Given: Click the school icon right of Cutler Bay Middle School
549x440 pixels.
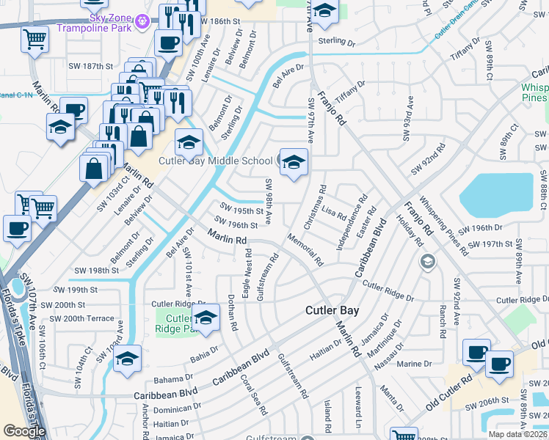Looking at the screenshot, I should coord(294,164).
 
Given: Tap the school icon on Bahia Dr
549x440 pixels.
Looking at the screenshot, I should coord(127,359).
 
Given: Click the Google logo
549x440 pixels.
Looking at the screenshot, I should coord(24,431).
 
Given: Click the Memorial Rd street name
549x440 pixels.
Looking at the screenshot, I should coord(305,249).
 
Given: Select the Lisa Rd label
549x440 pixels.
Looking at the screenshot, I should coord(333,213).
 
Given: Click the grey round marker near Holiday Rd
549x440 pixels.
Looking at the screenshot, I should coord(427,261).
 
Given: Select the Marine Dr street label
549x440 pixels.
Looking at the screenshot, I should coord(414,364).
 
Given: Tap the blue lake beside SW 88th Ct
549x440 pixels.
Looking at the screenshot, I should coord(496,194).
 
